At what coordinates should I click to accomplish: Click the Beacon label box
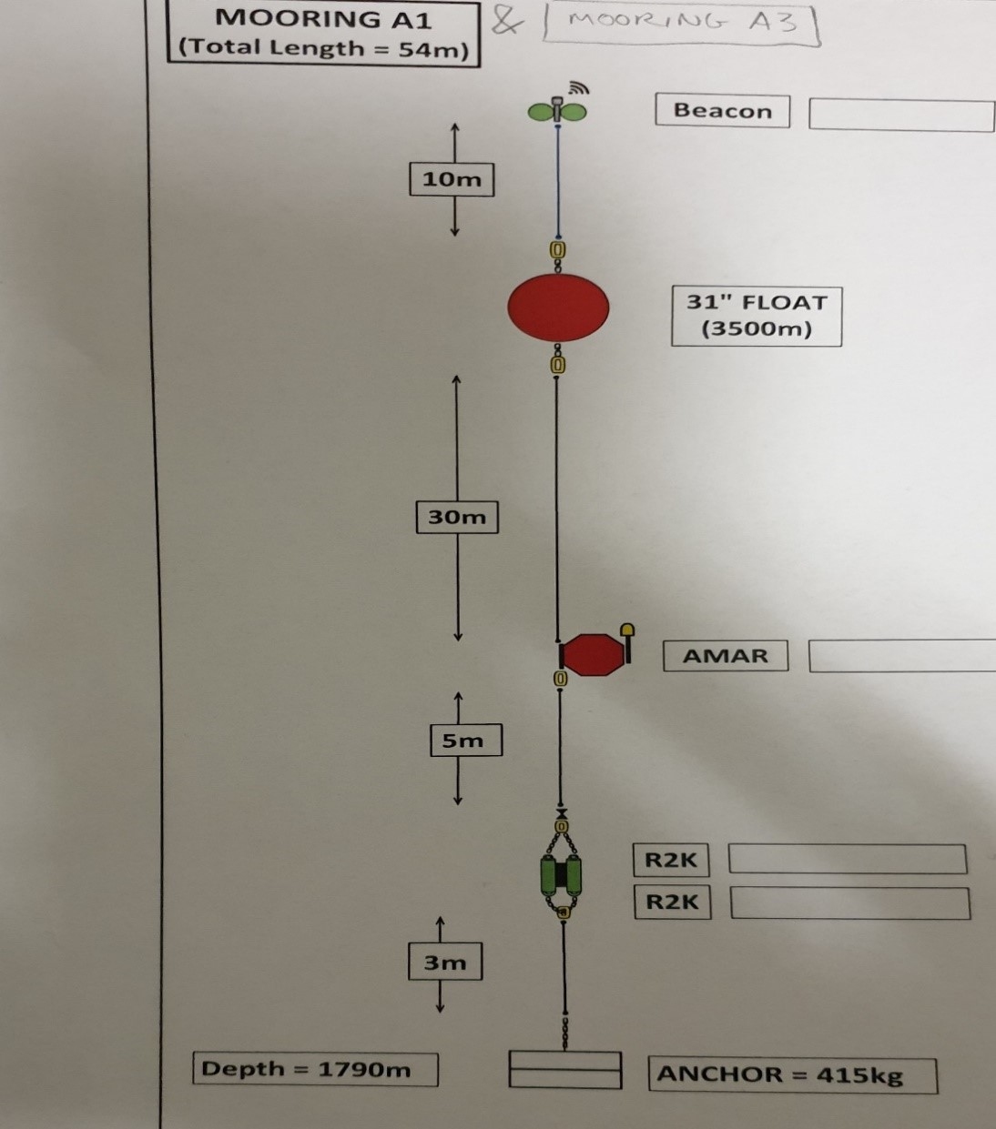pyautogui.click(x=722, y=111)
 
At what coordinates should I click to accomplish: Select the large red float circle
pyautogui.click(x=558, y=307)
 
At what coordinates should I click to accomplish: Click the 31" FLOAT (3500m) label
pyautogui.click(x=757, y=316)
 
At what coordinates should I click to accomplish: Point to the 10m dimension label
pyautogui.click(x=452, y=179)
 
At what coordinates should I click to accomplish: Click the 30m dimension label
pyautogui.click(x=457, y=517)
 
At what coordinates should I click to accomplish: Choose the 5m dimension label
pyautogui.click(x=465, y=741)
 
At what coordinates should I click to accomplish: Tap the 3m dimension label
pyautogui.click(x=445, y=963)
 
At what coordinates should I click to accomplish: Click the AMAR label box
pyautogui.click(x=726, y=656)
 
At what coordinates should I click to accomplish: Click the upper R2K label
pyautogui.click(x=670, y=860)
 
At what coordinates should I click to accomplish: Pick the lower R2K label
pyautogui.click(x=672, y=902)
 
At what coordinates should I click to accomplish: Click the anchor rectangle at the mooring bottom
pyautogui.click(x=564, y=1070)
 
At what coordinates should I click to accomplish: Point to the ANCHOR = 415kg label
pyautogui.click(x=779, y=1074)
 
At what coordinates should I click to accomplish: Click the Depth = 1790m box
pyautogui.click(x=315, y=1069)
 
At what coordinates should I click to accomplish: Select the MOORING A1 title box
pyautogui.click(x=323, y=33)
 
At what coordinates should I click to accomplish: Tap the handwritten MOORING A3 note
pyautogui.click(x=682, y=24)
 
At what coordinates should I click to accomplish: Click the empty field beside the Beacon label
pyautogui.click(x=901, y=116)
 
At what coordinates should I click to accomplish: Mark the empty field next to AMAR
pyautogui.click(x=901, y=656)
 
